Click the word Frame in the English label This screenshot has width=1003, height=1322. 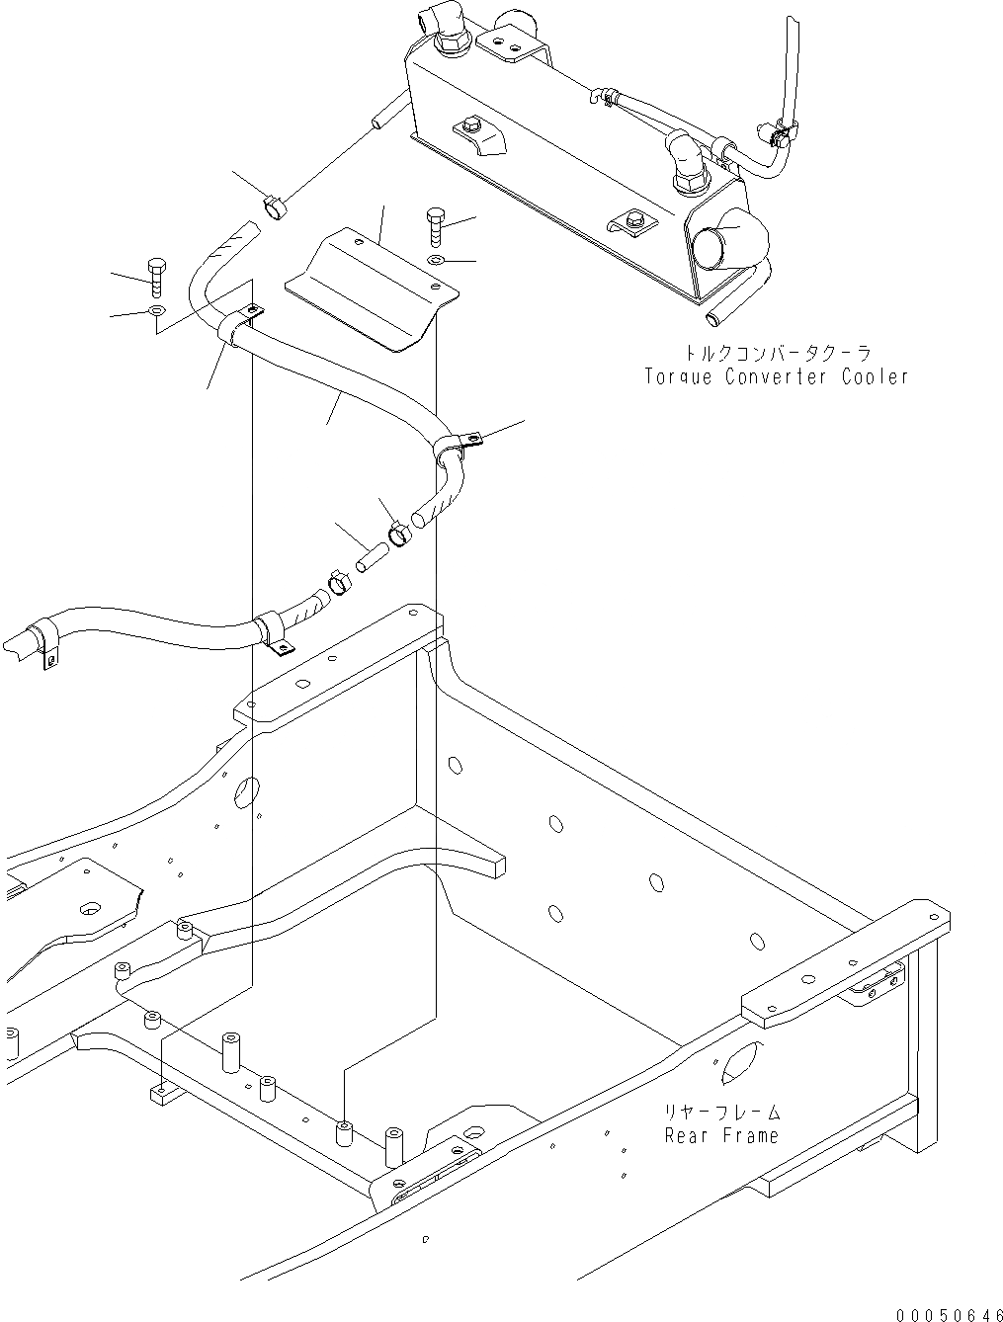click(x=748, y=1135)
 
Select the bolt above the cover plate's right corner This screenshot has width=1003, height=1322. click(x=436, y=227)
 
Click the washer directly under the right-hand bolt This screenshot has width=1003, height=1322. click(x=437, y=260)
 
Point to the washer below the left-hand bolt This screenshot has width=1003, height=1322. click(x=156, y=312)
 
